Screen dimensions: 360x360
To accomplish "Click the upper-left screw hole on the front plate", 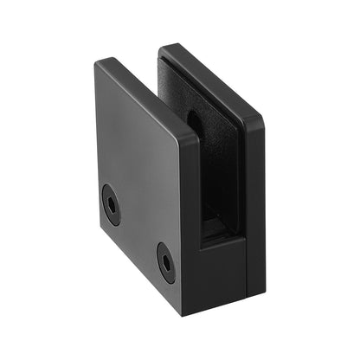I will (111, 203).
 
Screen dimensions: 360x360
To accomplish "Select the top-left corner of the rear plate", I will (164, 48).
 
